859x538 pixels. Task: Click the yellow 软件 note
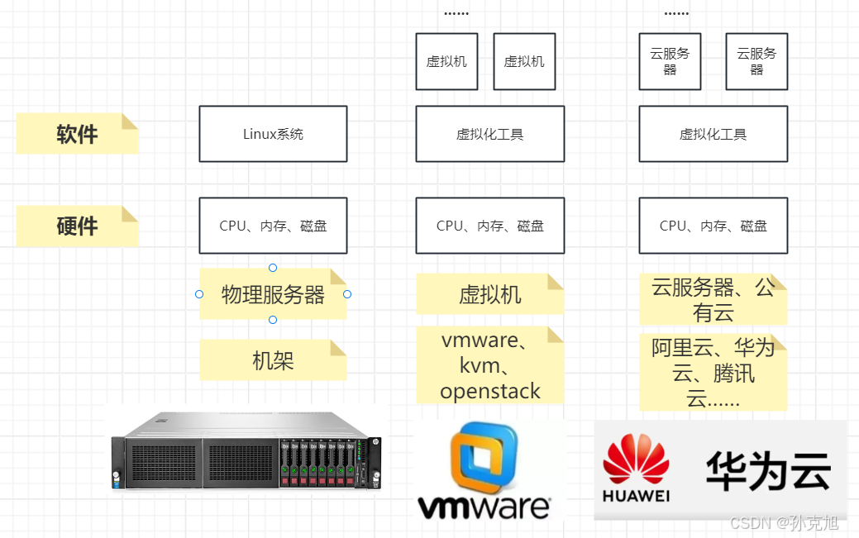tap(77, 134)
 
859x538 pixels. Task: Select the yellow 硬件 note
tap(77, 226)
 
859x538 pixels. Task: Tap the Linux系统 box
tap(273, 134)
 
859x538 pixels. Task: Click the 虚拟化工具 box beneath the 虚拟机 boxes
tap(489, 134)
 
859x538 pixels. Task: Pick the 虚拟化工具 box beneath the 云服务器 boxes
tap(713, 134)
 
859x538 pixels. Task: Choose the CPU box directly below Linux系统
tap(273, 226)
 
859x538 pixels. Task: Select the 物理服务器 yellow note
tap(273, 294)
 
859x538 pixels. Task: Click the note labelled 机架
tap(273, 360)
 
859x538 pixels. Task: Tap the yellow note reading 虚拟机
tap(489, 295)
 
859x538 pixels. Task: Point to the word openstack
tap(489, 391)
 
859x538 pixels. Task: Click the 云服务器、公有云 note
tap(713, 299)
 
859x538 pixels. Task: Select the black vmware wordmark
tap(484, 507)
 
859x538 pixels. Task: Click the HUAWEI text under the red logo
tap(636, 497)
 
